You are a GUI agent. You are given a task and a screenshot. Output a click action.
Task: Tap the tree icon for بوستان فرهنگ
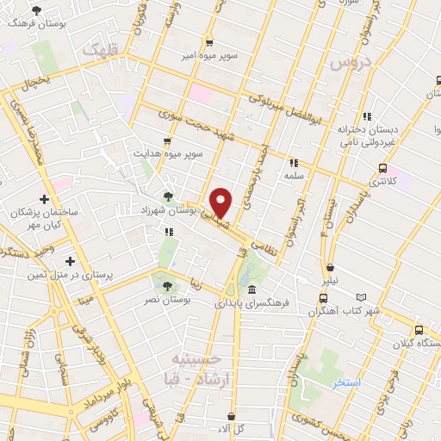tap(35, 10)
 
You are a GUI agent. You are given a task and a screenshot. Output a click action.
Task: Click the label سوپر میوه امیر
tap(208, 55)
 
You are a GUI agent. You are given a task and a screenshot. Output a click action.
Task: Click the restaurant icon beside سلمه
tap(294, 162)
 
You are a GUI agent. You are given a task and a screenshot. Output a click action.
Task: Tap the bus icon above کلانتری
tap(382, 168)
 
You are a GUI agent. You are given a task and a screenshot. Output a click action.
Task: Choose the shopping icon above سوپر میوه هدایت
tap(166, 140)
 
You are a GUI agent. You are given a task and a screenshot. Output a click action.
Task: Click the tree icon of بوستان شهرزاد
tap(169, 196)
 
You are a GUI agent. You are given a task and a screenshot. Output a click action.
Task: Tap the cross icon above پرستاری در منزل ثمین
tap(70, 260)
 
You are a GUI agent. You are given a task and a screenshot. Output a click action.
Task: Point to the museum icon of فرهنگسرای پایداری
tap(251, 289)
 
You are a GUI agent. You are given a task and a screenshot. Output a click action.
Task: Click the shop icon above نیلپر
tap(331, 268)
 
